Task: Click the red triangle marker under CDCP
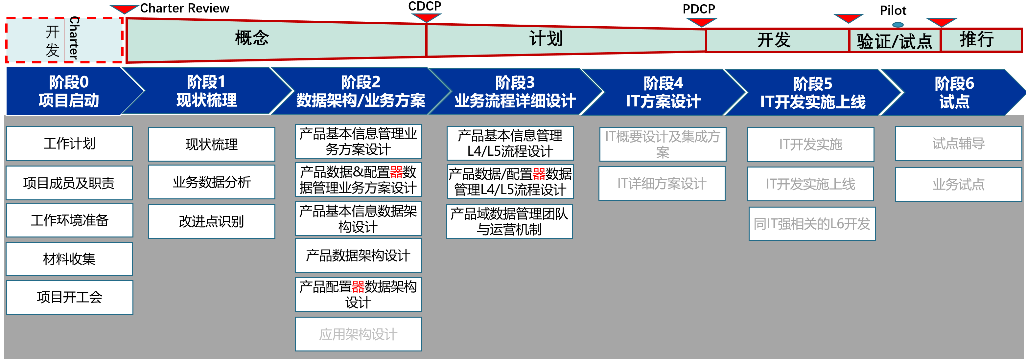pos(426,17)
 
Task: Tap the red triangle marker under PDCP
pos(701,22)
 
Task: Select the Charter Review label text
pos(184,8)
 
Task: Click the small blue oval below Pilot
pos(898,25)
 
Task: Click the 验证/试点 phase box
pos(895,41)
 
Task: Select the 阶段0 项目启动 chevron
pos(68,91)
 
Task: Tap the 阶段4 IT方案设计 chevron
pos(663,92)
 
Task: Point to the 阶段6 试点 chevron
pos(954,92)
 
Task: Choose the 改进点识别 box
pos(212,221)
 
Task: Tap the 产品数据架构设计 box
pos(358,256)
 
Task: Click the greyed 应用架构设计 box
pos(358,334)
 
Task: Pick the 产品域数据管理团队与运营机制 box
pos(509,221)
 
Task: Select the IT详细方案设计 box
pos(662,184)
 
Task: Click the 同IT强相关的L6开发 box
pos(812,224)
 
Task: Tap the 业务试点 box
pos(958,184)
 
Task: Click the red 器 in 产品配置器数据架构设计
pos(358,287)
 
